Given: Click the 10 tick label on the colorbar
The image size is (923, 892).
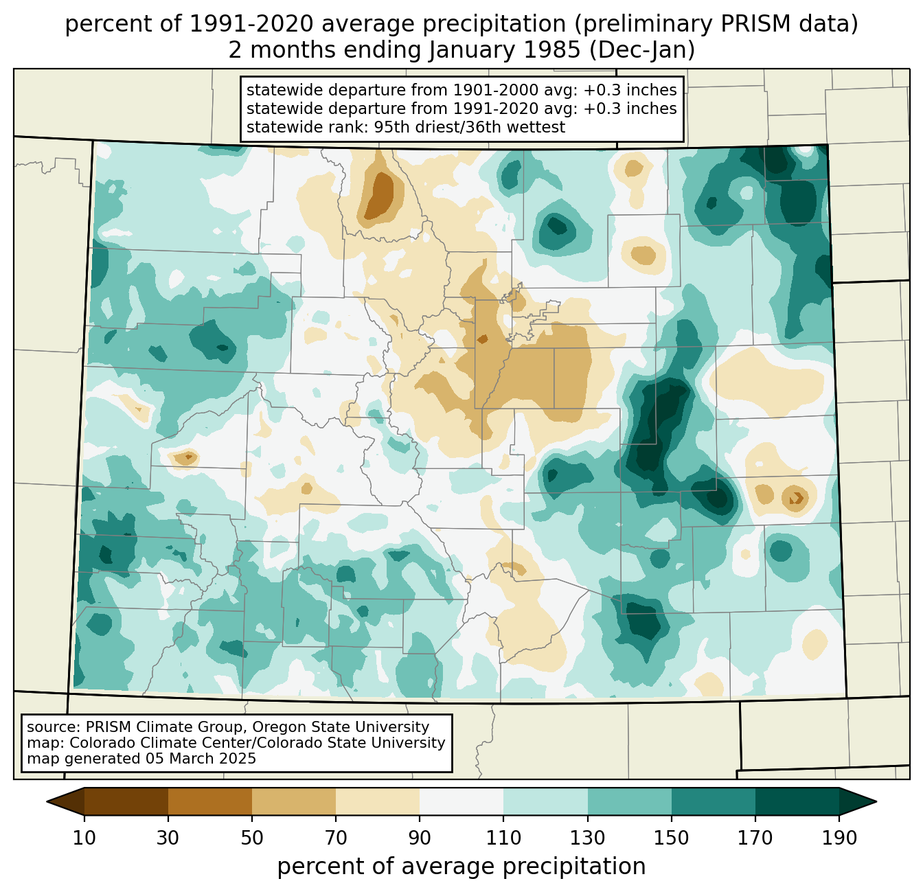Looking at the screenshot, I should point(84,838).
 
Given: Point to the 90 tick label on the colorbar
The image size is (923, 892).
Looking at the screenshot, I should point(420,838).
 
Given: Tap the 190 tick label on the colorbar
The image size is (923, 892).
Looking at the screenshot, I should point(839,838).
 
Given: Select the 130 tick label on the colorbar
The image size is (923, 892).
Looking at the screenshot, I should point(587,838).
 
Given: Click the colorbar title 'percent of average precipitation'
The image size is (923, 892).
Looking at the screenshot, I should point(461,867).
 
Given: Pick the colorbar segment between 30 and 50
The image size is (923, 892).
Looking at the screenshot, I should point(210,801).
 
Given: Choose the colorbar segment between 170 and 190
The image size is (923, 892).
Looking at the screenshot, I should point(797,801).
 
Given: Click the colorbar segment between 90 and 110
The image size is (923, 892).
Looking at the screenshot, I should point(461,801).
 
